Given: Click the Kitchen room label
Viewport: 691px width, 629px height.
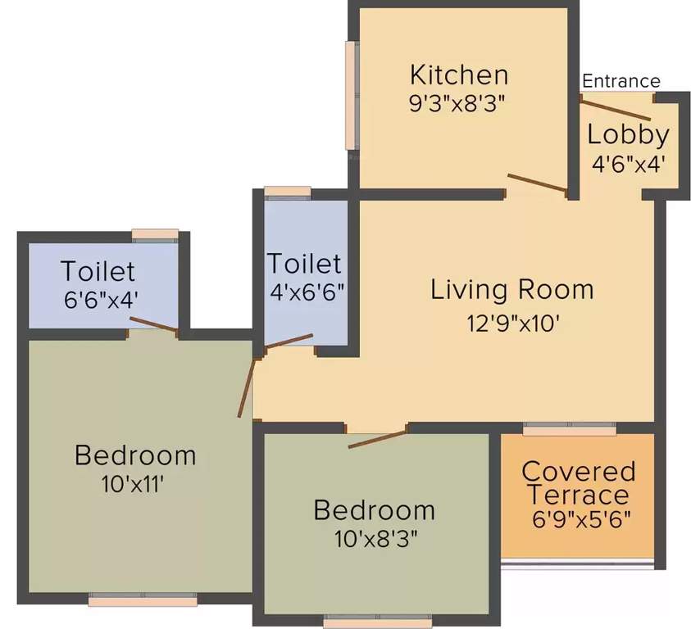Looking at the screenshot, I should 459,75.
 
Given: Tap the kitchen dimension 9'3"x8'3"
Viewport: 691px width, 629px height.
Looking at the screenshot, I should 459,103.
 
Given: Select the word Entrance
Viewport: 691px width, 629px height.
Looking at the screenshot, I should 621,81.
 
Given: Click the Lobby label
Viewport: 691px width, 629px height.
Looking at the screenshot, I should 628,134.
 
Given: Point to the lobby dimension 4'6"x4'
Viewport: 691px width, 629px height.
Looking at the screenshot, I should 628,161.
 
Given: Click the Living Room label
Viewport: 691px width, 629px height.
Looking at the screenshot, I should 512,289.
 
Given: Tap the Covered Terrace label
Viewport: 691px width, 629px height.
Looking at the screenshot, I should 579,483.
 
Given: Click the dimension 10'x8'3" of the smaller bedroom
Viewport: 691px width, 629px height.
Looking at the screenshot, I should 374,539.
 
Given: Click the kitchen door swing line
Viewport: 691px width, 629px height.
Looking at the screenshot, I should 537,186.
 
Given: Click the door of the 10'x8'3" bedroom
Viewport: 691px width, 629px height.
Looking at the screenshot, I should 377,437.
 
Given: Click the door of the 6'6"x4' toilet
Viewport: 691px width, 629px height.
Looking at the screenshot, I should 154,325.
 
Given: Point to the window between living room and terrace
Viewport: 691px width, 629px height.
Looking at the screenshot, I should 570,428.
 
